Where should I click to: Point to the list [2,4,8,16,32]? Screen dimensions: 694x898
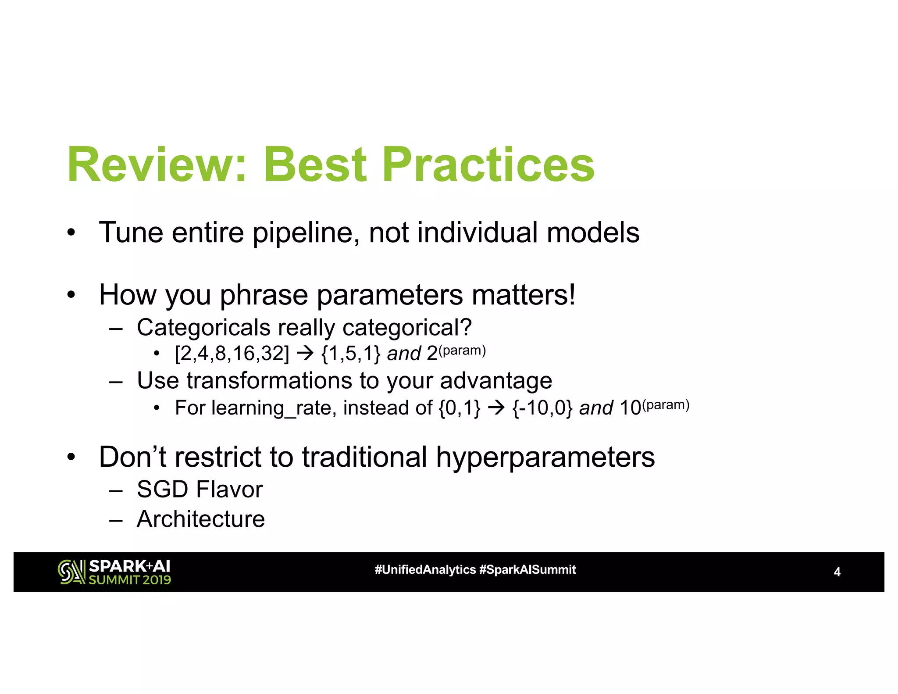click(232, 354)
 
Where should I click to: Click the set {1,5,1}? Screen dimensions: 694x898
click(351, 354)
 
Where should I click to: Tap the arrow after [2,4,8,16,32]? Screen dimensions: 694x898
click(305, 354)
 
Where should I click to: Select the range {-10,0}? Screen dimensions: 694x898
click(542, 408)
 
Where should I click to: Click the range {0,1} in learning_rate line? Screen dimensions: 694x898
click(459, 408)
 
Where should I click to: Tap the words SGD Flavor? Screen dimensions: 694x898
click(200, 490)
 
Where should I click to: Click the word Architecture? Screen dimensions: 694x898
click(201, 519)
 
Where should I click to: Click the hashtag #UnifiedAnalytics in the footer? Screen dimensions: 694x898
click(425, 570)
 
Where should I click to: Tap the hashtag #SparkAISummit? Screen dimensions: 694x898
click(527, 570)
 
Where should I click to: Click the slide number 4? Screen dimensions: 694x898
click(837, 572)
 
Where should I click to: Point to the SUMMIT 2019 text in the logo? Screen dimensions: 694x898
click(129, 580)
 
